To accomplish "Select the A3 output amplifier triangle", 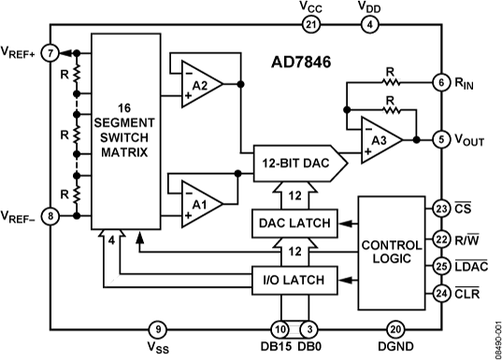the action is (x=380, y=140).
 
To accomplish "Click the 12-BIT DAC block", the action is (x=300, y=164).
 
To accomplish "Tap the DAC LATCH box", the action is (x=294, y=223).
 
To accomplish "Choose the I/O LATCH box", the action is (x=294, y=281).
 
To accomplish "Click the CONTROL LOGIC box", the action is (x=392, y=253).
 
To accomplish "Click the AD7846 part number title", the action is (x=301, y=62).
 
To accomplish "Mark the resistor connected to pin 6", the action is (x=391, y=82).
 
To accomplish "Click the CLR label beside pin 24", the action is (x=467, y=293).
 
